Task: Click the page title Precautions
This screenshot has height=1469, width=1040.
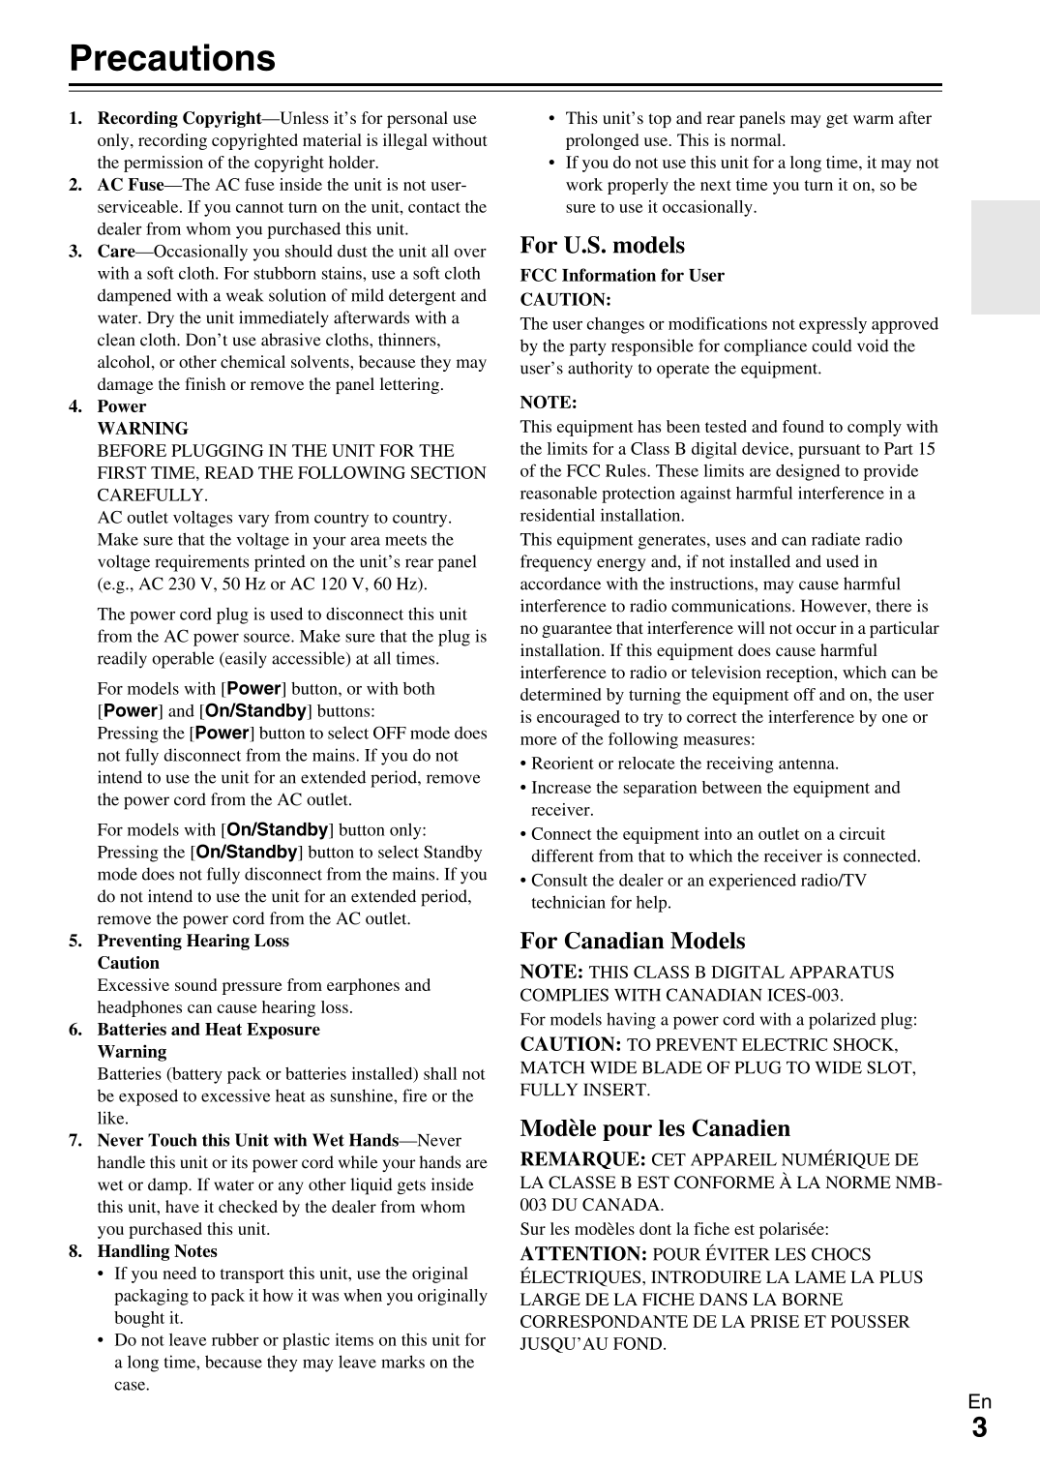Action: pyautogui.click(x=172, y=58)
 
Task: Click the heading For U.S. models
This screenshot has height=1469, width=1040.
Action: pyautogui.click(x=602, y=245)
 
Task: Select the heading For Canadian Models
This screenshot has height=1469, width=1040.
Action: pyautogui.click(x=632, y=941)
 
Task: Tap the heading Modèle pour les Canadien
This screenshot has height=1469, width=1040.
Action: pyautogui.click(x=654, y=1128)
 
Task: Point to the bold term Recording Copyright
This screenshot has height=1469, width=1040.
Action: pyautogui.click(x=179, y=118)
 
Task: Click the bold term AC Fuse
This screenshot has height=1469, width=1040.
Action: pyautogui.click(x=131, y=185)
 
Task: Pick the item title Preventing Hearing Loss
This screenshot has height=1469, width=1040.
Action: pyautogui.click(x=193, y=941)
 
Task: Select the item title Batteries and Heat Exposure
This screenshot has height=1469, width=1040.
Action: pyautogui.click(x=208, y=1030)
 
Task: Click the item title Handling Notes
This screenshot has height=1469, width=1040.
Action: pyautogui.click(x=157, y=1251)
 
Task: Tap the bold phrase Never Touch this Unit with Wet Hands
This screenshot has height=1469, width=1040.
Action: pyautogui.click(x=248, y=1140)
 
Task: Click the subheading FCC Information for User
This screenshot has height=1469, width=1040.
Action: pyautogui.click(x=622, y=276)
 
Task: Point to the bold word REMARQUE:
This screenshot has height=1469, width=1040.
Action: pyautogui.click(x=582, y=1159)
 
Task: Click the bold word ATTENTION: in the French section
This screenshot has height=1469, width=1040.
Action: pyautogui.click(x=583, y=1254)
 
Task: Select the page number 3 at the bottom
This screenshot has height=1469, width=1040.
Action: pyautogui.click(x=979, y=1428)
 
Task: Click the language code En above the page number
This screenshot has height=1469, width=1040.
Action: pyautogui.click(x=979, y=1401)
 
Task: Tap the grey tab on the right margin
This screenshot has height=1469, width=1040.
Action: pyautogui.click(x=1005, y=257)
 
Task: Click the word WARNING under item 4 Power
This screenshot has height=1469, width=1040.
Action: pyautogui.click(x=142, y=429)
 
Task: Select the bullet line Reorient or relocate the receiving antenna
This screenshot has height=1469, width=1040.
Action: pyautogui.click(x=684, y=764)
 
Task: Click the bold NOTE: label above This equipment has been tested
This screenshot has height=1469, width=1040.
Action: pyautogui.click(x=549, y=403)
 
